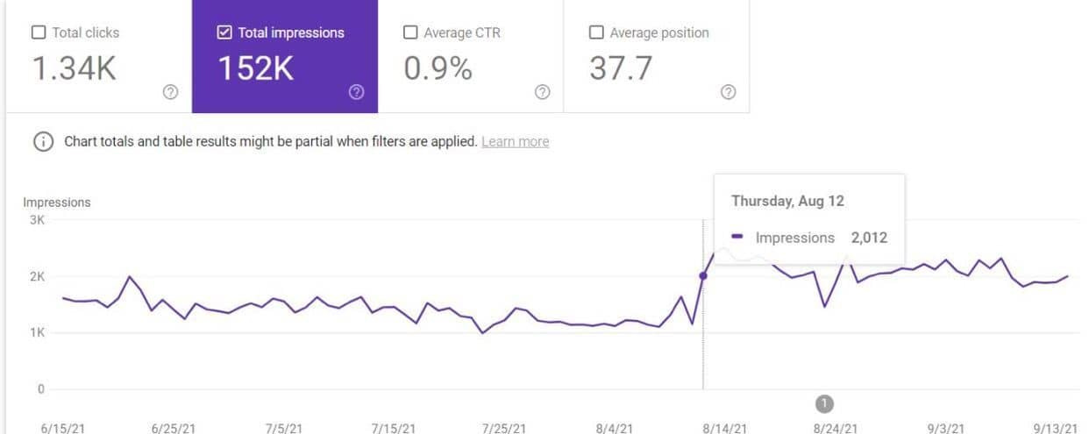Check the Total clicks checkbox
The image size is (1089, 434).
click(39, 32)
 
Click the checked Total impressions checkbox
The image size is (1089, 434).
click(224, 32)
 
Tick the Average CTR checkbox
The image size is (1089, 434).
click(410, 32)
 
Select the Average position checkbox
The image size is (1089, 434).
click(596, 32)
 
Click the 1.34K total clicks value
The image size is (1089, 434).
click(75, 69)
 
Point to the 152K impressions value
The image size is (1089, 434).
click(256, 69)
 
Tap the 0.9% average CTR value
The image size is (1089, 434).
click(438, 69)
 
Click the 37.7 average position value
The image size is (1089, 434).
click(621, 69)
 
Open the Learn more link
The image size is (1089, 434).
click(515, 141)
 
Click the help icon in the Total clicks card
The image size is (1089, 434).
click(170, 92)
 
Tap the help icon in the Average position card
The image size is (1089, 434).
click(728, 92)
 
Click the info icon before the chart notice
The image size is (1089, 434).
click(42, 142)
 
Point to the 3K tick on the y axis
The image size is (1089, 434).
click(37, 220)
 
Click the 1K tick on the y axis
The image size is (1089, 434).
click(37, 333)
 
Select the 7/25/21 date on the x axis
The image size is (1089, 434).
click(504, 428)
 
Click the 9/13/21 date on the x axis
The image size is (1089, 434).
click(1056, 428)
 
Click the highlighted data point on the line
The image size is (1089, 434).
click(703, 276)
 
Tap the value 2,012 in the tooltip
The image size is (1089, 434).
click(869, 238)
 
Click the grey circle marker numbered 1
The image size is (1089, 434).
click(824, 403)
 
